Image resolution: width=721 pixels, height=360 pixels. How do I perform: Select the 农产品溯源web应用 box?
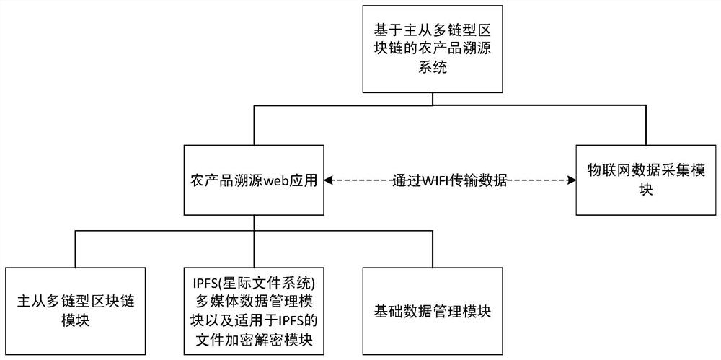point(253,180)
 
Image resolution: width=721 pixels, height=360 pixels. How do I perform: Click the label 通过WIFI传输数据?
point(451,181)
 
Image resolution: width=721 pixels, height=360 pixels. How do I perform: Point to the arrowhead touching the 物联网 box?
point(571,180)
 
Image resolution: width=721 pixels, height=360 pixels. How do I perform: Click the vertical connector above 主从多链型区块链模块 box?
point(75,249)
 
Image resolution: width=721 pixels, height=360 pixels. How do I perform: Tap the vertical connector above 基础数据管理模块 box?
point(431,249)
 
